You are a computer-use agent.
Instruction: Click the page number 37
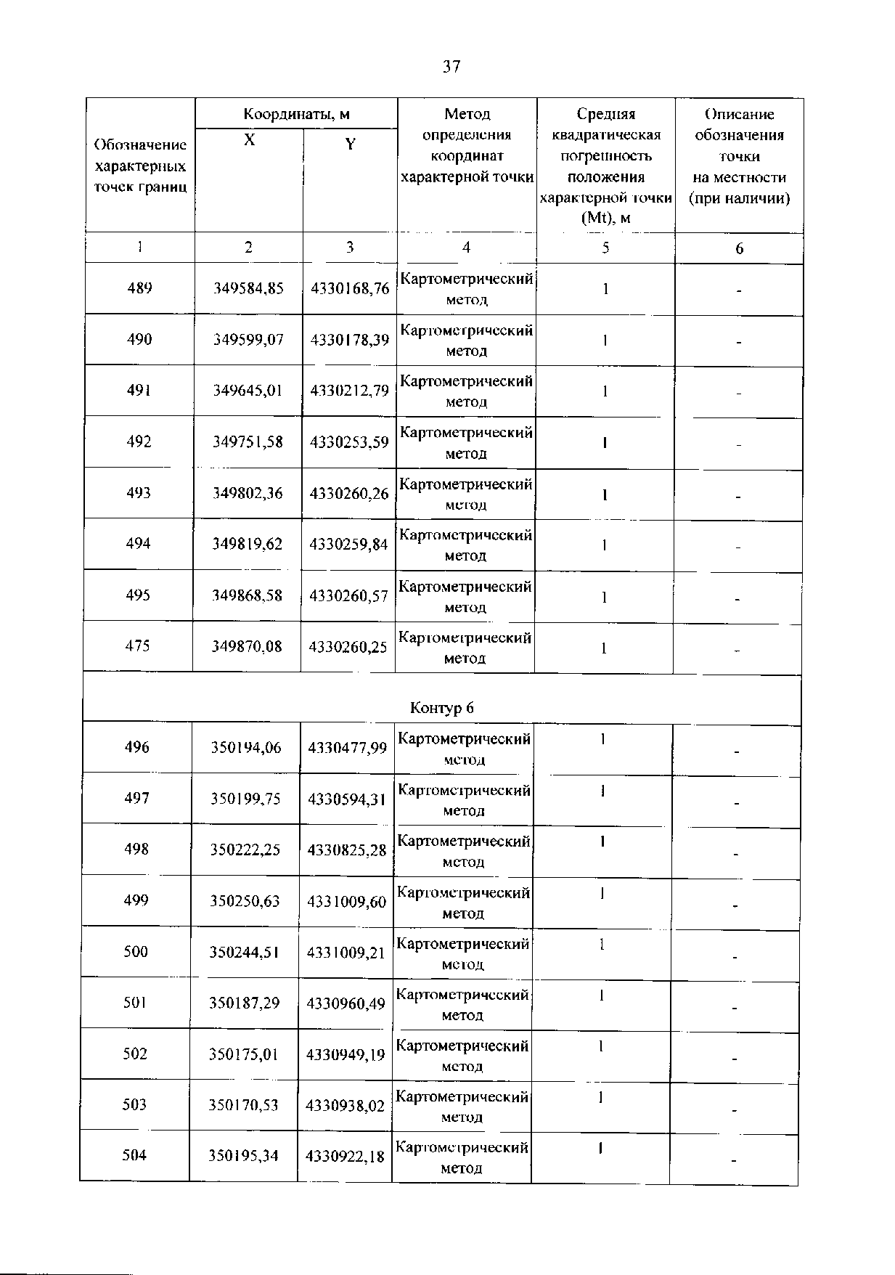coord(451,68)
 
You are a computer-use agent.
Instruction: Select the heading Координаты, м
coord(296,114)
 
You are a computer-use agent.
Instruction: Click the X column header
coord(249,140)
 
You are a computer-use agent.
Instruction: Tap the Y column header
coord(350,144)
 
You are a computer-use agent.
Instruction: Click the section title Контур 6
coord(442,707)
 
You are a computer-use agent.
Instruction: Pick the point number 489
coord(139,288)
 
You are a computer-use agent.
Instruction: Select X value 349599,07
coord(248,339)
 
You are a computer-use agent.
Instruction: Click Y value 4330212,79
coord(350,391)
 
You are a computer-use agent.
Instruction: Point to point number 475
coord(138,645)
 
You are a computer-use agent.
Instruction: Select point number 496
coord(136,747)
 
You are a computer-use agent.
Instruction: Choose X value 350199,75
coord(246,798)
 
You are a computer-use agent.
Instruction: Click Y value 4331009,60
coord(347,901)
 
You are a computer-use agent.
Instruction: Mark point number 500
coord(136,951)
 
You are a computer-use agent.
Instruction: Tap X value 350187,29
coord(245,1003)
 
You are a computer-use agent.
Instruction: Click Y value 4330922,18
coord(345,1156)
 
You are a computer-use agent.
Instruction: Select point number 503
coord(135,1104)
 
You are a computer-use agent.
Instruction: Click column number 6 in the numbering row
coord(739,248)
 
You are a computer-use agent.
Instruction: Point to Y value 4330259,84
coord(348,544)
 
